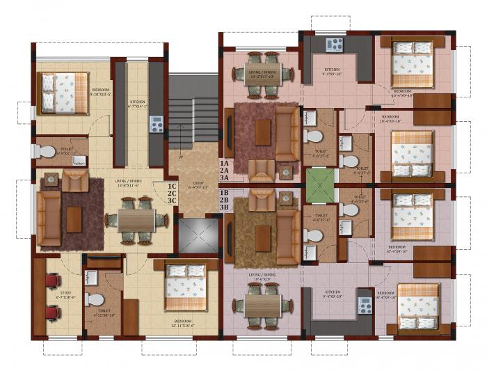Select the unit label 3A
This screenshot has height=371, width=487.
click(225, 178)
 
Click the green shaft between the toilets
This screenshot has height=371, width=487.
click(320, 185)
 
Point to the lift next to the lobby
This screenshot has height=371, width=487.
click(193, 235)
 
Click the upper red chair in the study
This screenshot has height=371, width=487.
click(51, 281)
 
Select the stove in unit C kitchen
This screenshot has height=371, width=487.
click(157, 125)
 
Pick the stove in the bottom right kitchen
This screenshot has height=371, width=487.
click(365, 305)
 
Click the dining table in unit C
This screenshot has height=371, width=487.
click(136, 221)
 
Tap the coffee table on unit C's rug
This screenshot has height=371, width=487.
click(74, 219)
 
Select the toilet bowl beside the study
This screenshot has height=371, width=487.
click(94, 300)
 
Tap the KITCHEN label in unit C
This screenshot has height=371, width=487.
click(141, 105)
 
